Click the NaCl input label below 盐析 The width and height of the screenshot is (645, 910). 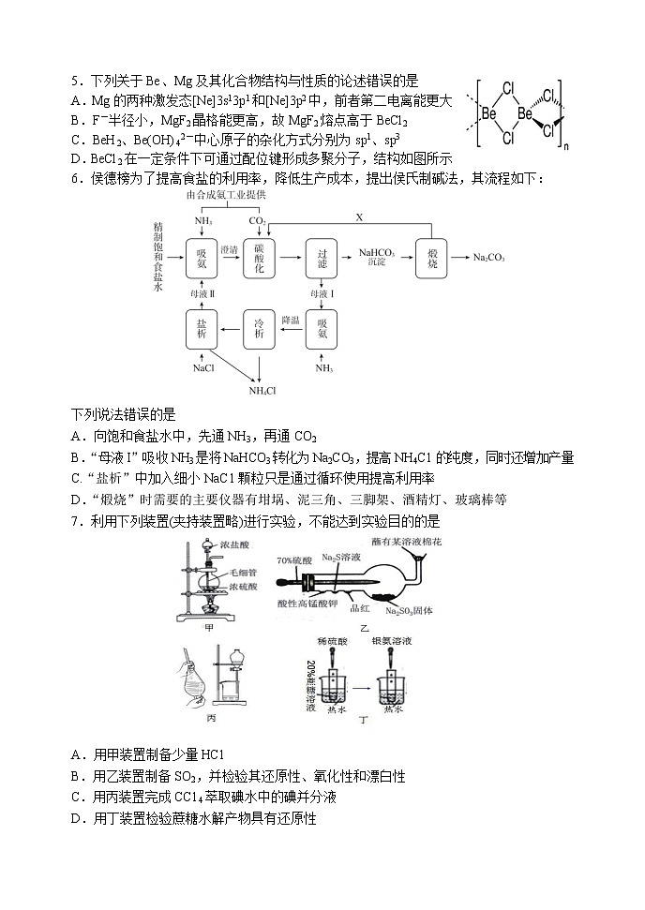tap(203, 368)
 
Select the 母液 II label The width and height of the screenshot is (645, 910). tap(202, 293)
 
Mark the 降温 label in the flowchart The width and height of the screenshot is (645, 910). tap(291, 320)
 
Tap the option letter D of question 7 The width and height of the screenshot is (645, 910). tap(77, 819)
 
